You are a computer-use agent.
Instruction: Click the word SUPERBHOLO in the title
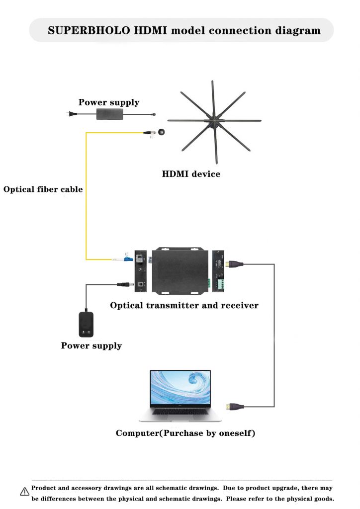(89, 30)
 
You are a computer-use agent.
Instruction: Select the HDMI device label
(191, 174)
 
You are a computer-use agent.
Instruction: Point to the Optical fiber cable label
(43, 189)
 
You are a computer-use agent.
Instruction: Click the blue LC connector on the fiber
(128, 259)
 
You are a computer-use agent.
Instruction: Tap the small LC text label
(127, 254)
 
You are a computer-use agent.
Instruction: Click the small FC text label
(152, 137)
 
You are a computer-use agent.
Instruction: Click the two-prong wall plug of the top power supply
(70, 113)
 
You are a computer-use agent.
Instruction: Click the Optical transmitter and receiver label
(184, 305)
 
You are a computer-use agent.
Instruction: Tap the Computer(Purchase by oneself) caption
(185, 433)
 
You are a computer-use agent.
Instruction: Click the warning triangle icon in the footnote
(24, 492)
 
